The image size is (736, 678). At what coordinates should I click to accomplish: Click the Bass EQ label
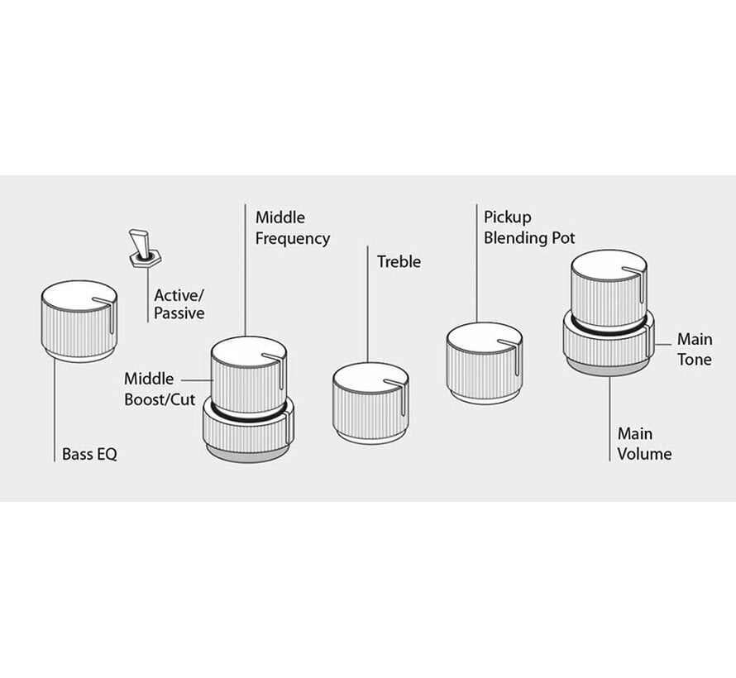pos(89,454)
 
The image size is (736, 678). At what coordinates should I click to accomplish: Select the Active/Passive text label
pos(179,303)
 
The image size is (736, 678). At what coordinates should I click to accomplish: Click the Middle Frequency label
pos(292,228)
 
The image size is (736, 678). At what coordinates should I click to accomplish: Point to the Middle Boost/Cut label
pos(160,389)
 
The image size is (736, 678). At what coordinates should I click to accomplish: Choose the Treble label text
pos(399,262)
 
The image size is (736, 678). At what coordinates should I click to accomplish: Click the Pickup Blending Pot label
pos(529,228)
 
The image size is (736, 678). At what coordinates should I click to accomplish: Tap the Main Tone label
pos(694,349)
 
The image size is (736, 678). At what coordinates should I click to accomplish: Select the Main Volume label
pos(644,443)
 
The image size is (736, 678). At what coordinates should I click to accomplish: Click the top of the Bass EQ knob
pos(78,294)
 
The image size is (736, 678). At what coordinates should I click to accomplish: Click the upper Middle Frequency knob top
pos(248,351)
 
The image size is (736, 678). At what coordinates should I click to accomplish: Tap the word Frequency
pos(292,239)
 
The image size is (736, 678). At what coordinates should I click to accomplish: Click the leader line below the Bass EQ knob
pos(55,405)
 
